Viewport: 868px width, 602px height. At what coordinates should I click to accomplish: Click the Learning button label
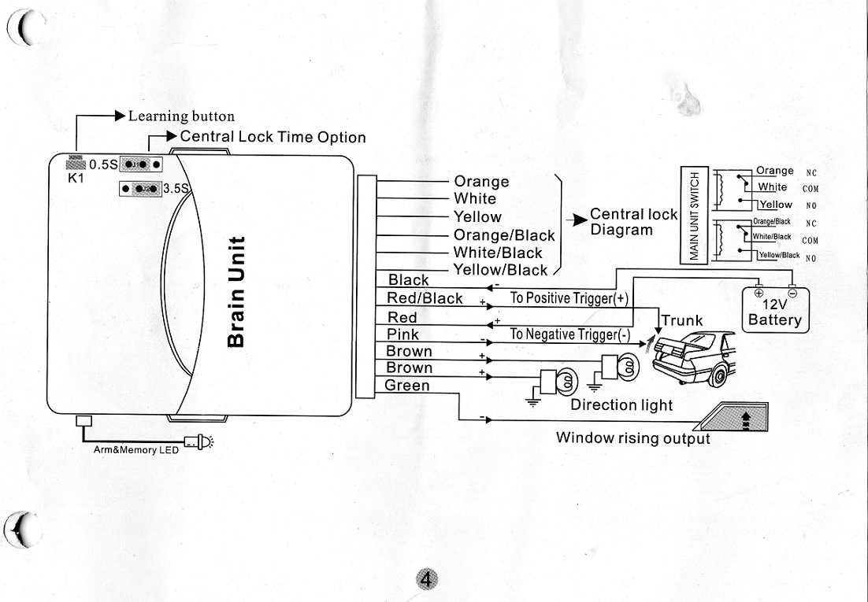[x=181, y=116]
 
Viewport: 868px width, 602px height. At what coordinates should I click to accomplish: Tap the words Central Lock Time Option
[x=273, y=137]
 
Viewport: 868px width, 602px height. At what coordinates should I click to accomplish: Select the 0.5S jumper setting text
[x=103, y=164]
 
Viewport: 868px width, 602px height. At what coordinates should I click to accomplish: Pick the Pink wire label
[x=403, y=334]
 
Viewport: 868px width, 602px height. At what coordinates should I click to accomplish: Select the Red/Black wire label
[x=425, y=298]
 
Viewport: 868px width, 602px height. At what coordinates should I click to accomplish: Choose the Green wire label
[x=407, y=386]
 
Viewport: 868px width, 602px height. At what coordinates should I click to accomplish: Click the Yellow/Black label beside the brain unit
[x=500, y=270]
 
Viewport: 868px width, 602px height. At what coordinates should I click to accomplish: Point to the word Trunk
[x=682, y=320]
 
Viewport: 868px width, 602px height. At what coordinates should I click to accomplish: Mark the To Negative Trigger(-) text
[x=569, y=334]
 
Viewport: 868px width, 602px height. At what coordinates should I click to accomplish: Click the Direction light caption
[x=621, y=404]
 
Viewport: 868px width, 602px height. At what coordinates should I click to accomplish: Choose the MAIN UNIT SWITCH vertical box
[x=696, y=216]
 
